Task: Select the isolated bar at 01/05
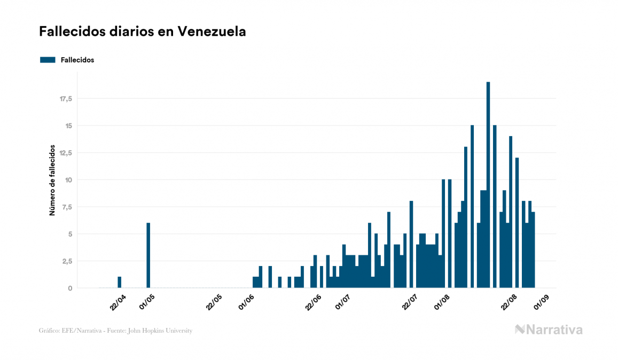148,255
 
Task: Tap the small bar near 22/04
119,282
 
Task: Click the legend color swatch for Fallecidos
48,60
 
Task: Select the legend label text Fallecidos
77,60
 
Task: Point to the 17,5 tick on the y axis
66,99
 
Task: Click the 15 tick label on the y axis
68,126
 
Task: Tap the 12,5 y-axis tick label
66,153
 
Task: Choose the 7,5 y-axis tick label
67,207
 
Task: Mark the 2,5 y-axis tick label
67,261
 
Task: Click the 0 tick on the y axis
71,288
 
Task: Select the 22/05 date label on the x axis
214,301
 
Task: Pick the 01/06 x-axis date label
247,301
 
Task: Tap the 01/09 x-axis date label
542,301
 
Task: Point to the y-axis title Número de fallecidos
52,179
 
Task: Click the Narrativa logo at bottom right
549,330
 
